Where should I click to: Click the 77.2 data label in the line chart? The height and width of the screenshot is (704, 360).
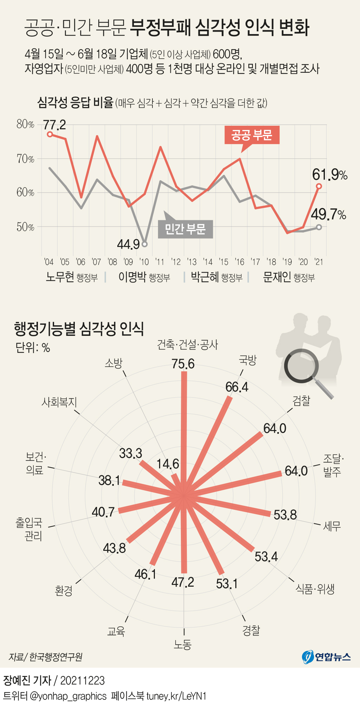[x=54, y=125]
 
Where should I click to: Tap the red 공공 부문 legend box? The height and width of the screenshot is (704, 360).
[x=252, y=135]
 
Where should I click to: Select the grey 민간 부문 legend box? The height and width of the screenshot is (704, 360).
[x=185, y=229]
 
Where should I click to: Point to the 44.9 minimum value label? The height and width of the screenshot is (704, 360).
[x=128, y=244]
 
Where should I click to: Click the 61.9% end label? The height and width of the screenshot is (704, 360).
[x=329, y=175]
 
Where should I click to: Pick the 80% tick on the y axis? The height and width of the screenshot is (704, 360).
[x=25, y=124]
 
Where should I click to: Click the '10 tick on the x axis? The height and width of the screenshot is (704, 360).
[x=144, y=262]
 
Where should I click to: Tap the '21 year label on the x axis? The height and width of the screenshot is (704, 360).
[x=319, y=262]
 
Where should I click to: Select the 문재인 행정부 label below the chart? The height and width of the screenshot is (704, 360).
[x=289, y=277]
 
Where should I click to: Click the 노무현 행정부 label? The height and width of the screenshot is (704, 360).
[x=72, y=277]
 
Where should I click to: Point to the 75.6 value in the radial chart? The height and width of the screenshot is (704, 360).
[x=183, y=364]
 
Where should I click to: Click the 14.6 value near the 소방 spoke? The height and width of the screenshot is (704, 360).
[x=168, y=464]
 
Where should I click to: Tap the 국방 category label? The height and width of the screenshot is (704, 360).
[x=248, y=360]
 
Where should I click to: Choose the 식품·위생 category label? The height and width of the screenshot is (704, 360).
[x=315, y=589]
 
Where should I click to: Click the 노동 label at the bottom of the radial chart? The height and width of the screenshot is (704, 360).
[x=183, y=644]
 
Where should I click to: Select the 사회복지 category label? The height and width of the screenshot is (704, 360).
[x=59, y=402]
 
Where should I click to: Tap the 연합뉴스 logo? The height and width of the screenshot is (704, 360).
[x=326, y=656]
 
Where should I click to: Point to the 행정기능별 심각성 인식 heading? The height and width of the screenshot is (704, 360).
[x=79, y=329]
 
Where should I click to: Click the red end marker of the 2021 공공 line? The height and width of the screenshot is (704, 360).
[x=319, y=186]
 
